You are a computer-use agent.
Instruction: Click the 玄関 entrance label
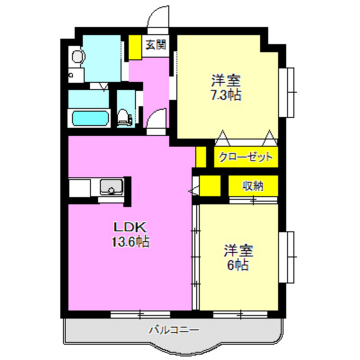[155, 45]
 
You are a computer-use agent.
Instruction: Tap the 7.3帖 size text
[226, 95]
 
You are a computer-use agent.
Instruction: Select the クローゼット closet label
[246, 157]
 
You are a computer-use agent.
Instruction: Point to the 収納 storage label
[253, 186]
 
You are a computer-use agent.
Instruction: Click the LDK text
[131, 228]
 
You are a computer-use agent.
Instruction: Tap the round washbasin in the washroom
[76, 58]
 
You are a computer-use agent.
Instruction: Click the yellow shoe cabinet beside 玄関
[134, 46]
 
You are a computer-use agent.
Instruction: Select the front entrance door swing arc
[157, 17]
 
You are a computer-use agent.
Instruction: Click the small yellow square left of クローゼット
[201, 156]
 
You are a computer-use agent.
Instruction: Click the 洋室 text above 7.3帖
[226, 81]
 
